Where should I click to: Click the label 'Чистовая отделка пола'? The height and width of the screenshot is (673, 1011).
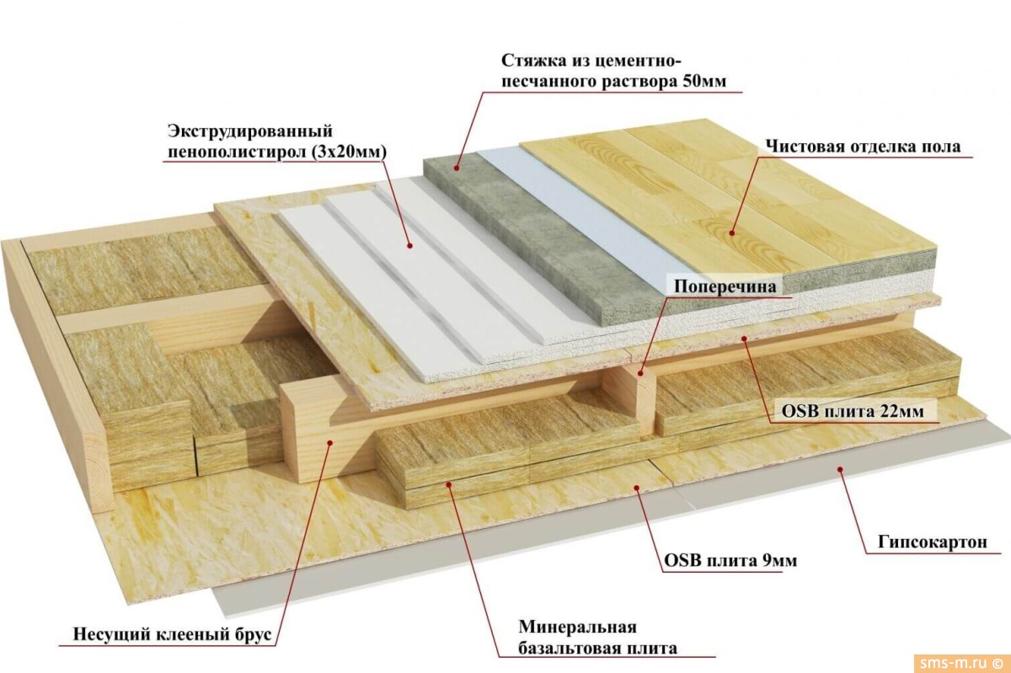[x=863, y=147]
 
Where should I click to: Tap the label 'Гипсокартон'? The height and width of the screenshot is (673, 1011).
[x=926, y=542]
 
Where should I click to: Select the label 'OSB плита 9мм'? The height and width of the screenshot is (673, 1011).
[x=730, y=561]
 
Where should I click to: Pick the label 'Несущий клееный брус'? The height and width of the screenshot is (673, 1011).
[x=173, y=634]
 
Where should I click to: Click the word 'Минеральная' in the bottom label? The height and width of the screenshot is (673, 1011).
[x=576, y=628]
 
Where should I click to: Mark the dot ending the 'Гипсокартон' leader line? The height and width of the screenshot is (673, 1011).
[x=839, y=469]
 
